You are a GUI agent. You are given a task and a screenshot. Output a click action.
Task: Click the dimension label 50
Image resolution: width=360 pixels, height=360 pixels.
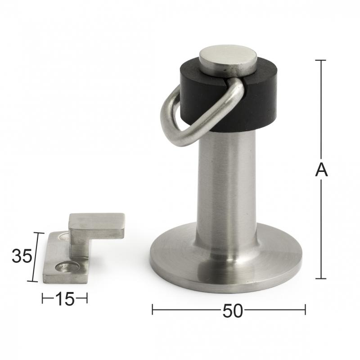pos(232,311)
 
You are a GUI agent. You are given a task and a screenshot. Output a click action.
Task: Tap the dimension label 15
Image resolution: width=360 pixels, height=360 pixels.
pos(65,299)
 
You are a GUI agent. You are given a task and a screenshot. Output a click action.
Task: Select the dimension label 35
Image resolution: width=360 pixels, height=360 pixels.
pos(22,256)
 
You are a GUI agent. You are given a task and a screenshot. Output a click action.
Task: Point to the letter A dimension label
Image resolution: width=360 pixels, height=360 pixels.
pos(321,170)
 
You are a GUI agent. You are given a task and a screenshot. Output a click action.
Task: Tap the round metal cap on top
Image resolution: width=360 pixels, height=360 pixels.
pos(228,60)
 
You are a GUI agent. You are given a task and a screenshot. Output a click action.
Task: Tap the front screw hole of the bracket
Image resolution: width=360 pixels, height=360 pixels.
pos(67,267)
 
